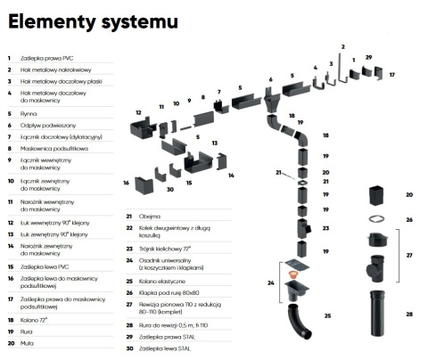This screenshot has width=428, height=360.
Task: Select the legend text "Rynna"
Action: point(29,114)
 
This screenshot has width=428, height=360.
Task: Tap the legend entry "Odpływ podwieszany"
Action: point(48,126)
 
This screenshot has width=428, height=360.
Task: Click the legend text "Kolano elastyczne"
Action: point(162,281)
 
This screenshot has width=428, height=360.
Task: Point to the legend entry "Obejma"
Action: point(150,217)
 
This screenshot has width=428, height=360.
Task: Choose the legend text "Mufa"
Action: point(27,343)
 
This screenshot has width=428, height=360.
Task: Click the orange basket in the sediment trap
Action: point(293,274)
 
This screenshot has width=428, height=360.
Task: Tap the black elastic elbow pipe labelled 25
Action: point(299,322)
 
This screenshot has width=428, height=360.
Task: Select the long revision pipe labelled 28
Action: point(377,313)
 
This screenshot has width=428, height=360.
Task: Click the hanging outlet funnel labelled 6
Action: point(272,101)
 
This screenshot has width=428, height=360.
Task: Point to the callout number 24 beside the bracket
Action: point(270,282)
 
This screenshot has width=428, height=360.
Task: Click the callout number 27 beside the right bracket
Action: point(409,255)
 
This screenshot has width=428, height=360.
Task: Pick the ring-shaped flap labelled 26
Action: point(376,219)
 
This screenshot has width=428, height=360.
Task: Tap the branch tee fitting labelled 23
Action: point(304,228)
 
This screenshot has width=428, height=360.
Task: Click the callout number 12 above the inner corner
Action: point(138,112)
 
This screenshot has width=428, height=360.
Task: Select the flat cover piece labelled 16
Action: point(144,185)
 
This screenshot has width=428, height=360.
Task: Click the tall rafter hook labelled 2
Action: point(343,70)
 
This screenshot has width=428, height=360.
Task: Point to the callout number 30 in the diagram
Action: point(170,189)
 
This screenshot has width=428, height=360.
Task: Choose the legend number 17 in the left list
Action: point(11,299)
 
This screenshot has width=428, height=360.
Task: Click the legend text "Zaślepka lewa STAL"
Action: point(165,348)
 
